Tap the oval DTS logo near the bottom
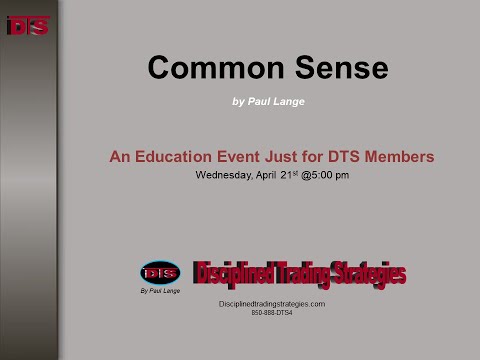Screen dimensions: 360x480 (x=160, y=272)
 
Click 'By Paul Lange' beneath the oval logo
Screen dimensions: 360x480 (x=160, y=292)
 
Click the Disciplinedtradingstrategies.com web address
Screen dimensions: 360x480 (x=272, y=303)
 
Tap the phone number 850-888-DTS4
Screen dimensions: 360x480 (x=272, y=313)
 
